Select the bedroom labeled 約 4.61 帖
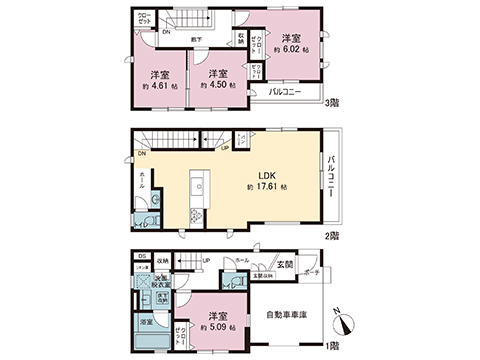(x=158, y=80)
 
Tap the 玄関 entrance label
(x=285, y=266)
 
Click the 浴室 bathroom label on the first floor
(x=146, y=322)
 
